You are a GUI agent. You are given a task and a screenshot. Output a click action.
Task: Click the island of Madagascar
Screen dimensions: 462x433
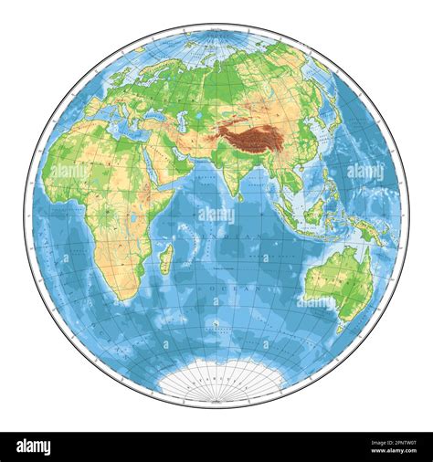(x=165, y=259)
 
